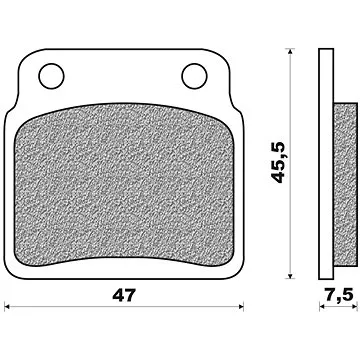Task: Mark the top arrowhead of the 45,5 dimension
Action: (289, 54)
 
